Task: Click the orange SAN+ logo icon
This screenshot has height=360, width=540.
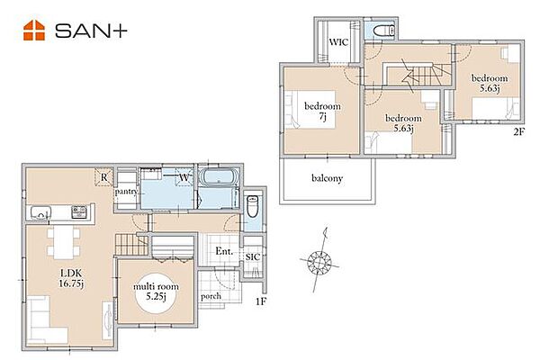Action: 34,31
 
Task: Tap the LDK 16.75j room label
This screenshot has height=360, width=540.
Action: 72,279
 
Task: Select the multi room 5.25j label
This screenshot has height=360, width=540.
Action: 156,292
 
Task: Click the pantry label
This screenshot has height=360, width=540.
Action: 126,192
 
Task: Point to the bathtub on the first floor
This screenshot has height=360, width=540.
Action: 219,178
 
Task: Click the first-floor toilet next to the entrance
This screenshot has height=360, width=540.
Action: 252,206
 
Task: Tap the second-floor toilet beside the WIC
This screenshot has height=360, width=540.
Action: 383,31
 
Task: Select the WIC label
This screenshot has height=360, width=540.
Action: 338,42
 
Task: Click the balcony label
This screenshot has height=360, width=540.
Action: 327,178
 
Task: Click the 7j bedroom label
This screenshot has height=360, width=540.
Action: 322,111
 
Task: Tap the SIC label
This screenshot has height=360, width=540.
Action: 252,257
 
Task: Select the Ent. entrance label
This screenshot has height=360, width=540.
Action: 224,251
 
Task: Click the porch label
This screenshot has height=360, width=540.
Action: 211,296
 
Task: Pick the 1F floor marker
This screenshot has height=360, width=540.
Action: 261,301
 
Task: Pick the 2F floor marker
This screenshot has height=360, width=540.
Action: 519,132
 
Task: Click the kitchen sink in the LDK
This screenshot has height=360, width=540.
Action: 41,212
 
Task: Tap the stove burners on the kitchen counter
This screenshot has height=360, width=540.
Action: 79,211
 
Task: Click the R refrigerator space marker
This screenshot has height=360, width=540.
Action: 104,177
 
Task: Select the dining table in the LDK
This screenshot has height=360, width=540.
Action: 63,242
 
